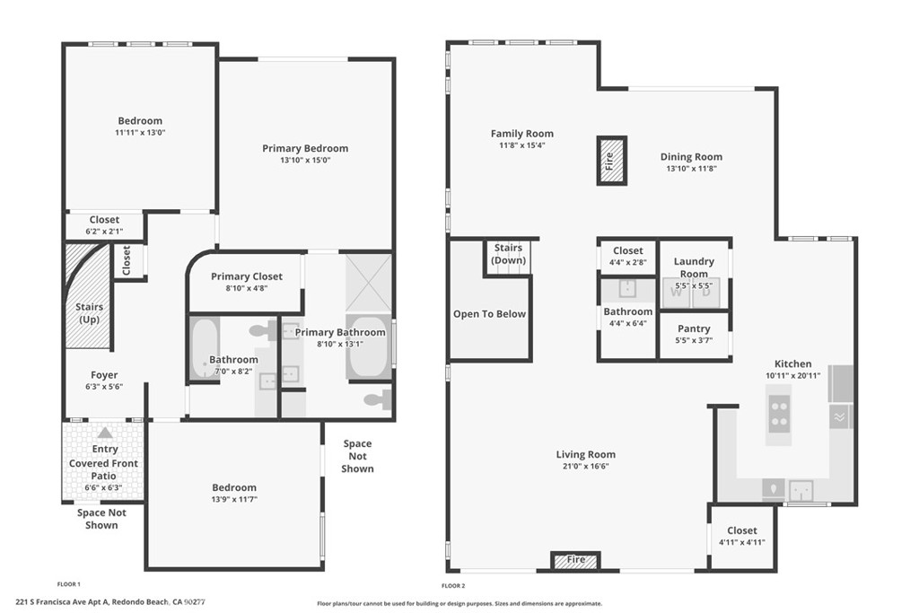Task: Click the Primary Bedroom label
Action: point(305,148)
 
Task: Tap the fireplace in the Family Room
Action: point(611,161)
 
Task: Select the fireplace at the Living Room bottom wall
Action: point(575,561)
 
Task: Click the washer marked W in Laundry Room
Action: point(676,292)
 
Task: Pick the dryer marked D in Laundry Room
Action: point(706,292)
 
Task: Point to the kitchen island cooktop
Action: point(779,412)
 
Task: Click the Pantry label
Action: point(694,328)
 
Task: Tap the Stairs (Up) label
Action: point(89,313)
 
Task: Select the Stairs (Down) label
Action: point(508,254)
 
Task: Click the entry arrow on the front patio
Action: point(105,433)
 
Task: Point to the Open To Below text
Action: point(489,314)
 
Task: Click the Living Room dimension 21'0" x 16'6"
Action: point(585,467)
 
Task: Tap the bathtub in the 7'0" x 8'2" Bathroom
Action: point(204,348)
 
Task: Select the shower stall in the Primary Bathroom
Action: point(369,281)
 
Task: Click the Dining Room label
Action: point(691,157)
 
